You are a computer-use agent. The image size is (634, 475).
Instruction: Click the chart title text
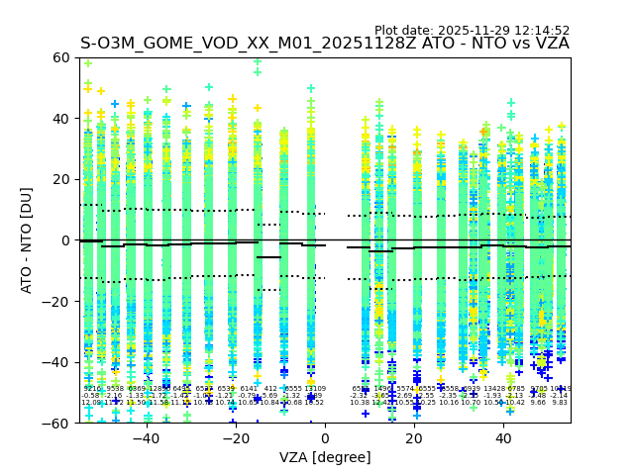(325, 44)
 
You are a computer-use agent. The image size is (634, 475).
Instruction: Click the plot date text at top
(472, 31)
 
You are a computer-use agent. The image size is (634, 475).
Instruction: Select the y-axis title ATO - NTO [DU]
(27, 240)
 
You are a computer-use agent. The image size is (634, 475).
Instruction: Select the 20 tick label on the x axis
(414, 437)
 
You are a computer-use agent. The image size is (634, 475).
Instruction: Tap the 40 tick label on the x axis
(503, 437)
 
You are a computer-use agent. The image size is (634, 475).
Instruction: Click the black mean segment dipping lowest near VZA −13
(268, 257)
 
